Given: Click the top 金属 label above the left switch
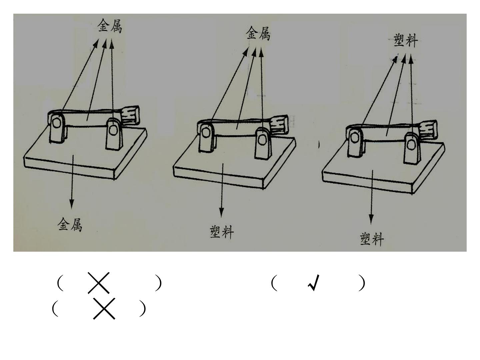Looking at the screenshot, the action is pos(110,26).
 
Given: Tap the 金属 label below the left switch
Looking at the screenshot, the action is pos(70,224).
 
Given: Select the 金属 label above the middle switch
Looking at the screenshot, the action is pos(258,33).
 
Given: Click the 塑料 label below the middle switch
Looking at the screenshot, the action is pos(222,232).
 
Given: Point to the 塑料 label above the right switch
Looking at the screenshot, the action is pos(406,40).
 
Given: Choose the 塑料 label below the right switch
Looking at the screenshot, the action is pos(372,239).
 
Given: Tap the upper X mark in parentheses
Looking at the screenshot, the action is pos(99,283).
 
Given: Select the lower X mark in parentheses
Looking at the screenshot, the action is pos(104,309).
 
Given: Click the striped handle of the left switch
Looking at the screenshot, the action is pos(130,116).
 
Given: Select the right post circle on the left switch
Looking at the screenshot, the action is pos(113,131).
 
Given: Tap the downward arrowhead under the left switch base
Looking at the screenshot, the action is pos(72,204).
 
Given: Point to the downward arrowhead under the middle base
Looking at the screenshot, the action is pos(222,212).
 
